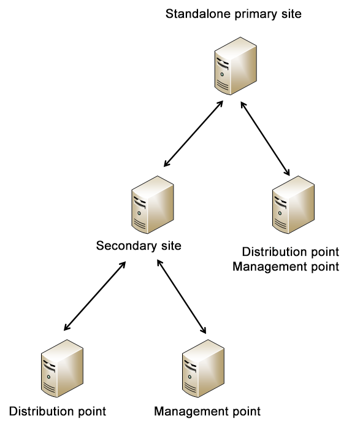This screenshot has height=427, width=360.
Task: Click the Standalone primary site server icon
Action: tap(236, 66)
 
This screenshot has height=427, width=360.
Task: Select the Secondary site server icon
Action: tap(153, 204)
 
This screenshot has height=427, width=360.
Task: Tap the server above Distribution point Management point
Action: tap(293, 204)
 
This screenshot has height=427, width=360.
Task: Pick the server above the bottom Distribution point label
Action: tap(62, 368)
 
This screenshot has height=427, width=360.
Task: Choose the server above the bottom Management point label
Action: tap(203, 368)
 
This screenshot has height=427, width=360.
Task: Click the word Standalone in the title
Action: tap(198, 13)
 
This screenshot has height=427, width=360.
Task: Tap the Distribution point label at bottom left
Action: tap(58, 411)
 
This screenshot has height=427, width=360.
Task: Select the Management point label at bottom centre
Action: tap(207, 412)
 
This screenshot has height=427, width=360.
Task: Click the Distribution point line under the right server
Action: tap(291, 252)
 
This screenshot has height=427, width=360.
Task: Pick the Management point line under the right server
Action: tap(286, 267)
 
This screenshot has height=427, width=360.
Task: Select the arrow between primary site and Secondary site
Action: tap(193, 134)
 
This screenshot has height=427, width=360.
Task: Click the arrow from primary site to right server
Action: tap(265, 139)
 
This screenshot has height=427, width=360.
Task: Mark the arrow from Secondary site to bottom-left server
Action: tap(94, 296)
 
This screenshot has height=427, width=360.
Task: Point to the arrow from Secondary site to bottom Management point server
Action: tap(182, 296)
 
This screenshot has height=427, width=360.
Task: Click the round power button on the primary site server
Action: tap(222, 74)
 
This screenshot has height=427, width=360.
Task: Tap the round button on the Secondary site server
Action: tap(139, 213)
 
